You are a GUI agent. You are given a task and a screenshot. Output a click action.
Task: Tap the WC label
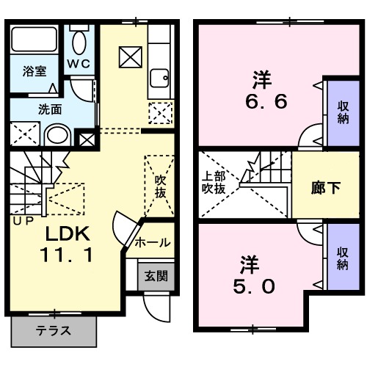point(79,63)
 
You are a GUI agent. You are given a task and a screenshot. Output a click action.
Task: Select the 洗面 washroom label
point(50,109)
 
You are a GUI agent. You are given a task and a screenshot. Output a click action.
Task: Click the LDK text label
point(68,235)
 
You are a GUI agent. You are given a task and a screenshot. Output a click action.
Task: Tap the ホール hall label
point(153,242)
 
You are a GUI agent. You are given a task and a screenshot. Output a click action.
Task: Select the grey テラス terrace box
point(54,330)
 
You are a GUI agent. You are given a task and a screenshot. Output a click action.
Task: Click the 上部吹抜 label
point(214,181)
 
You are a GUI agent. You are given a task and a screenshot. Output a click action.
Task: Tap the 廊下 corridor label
point(325,187)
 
